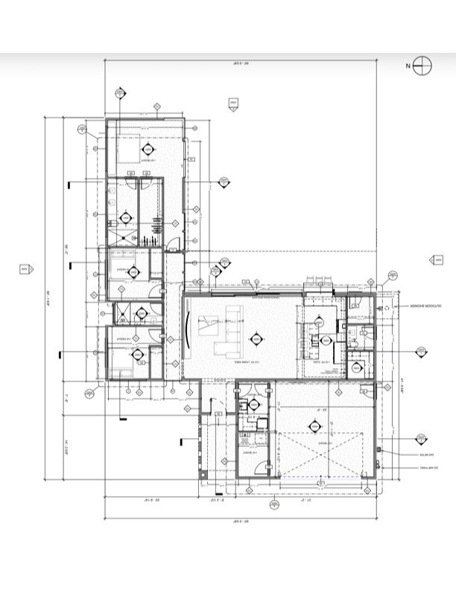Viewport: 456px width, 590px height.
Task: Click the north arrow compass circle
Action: [422, 66]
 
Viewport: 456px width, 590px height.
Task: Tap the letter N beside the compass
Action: [408, 66]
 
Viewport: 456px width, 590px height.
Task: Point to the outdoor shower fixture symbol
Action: [386, 307]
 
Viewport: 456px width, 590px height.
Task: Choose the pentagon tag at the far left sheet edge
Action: [25, 268]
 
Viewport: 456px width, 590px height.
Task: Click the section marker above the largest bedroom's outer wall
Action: [119, 93]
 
